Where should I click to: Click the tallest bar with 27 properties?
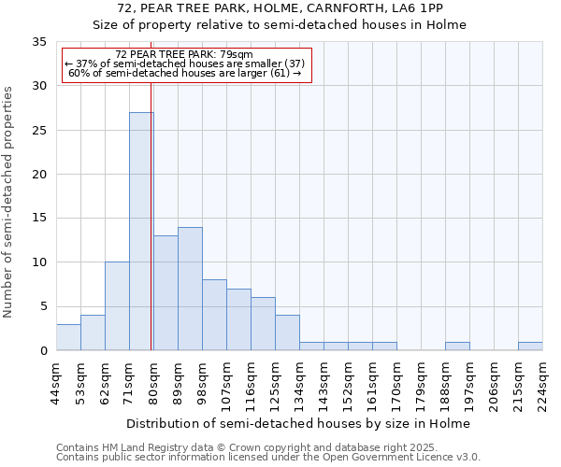(x=141, y=232)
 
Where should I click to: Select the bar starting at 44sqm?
(x=68, y=337)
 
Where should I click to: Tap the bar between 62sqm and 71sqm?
(x=117, y=306)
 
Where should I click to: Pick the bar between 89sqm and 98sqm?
(x=190, y=289)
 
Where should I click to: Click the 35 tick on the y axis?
(x=39, y=42)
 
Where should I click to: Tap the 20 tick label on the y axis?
(x=39, y=175)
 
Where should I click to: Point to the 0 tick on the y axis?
(x=43, y=351)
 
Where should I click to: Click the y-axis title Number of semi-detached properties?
(x=9, y=201)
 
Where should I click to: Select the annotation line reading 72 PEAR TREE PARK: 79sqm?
(x=184, y=55)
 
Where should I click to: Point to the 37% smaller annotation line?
(x=184, y=64)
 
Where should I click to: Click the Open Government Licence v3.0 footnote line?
(x=267, y=458)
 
